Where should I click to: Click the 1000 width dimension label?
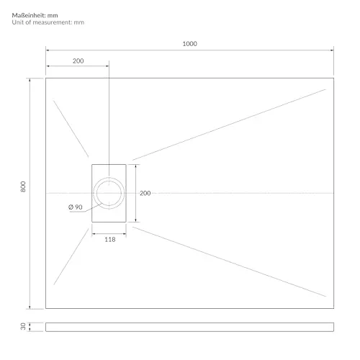click(190, 44)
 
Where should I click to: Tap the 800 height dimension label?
click(23, 186)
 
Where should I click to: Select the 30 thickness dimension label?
click(23, 326)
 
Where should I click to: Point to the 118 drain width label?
click(110, 240)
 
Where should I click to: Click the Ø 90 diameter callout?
click(76, 207)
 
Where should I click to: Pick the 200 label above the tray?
click(78, 61)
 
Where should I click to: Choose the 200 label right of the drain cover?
click(145, 193)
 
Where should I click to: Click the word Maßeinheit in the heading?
click(29, 15)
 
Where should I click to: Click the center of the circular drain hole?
click(109, 193)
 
